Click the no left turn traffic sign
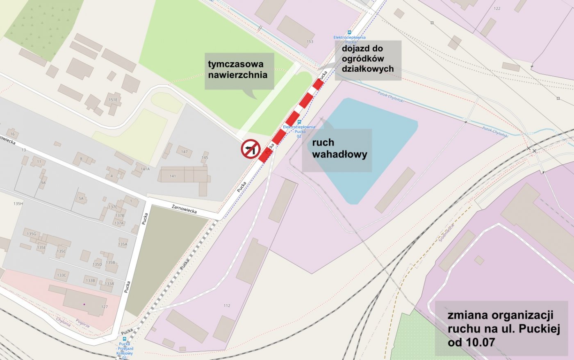[x=251, y=149]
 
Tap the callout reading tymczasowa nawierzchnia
[x=239, y=71]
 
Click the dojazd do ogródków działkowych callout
[x=367, y=59]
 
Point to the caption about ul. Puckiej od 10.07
[x=501, y=328]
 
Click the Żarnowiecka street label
[x=184, y=209]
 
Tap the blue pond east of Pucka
[x=369, y=139]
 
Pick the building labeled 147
[x=184, y=152]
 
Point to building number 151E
[x=113, y=100]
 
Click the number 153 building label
[x=310, y=41]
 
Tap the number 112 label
[x=227, y=305]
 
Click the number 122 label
[x=497, y=9]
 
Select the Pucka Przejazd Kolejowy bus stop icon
[x=124, y=339]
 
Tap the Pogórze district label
[x=83, y=324]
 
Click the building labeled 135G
[x=32, y=234]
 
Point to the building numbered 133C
[x=61, y=275]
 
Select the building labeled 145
[x=205, y=157]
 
